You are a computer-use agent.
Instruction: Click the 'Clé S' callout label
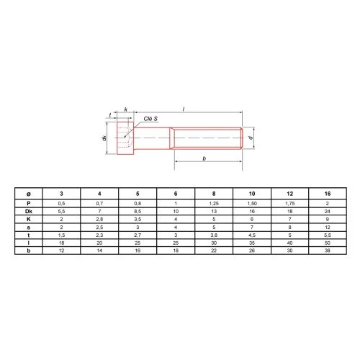click(x=150, y=119)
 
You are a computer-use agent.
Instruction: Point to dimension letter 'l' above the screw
click(x=184, y=109)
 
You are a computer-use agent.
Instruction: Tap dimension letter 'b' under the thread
click(x=204, y=158)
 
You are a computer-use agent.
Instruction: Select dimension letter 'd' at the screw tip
click(x=251, y=138)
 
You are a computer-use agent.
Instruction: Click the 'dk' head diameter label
click(x=104, y=138)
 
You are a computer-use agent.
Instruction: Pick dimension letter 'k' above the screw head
click(x=126, y=109)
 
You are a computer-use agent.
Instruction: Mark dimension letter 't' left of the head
click(x=110, y=115)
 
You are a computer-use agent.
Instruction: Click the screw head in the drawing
click(x=125, y=138)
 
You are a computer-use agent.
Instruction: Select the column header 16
click(x=328, y=194)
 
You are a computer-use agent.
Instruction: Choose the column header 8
click(x=214, y=194)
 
